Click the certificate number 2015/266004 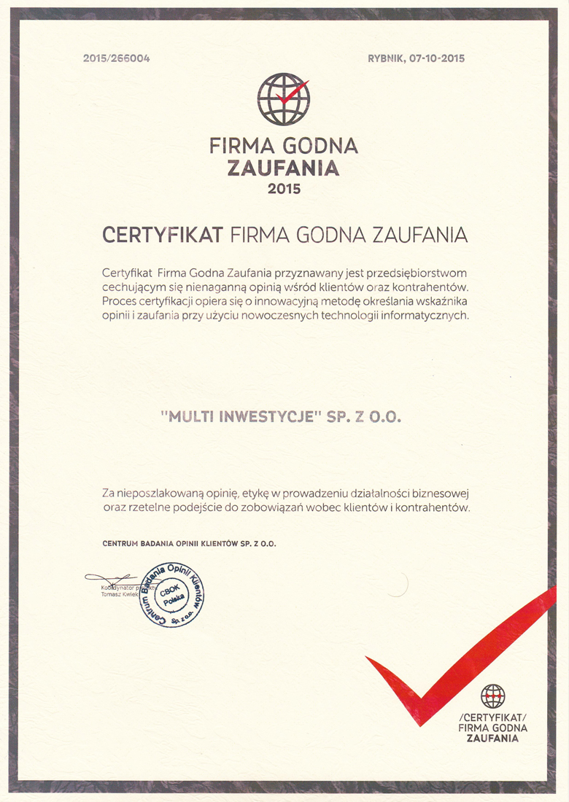[117, 58]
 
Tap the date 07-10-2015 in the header [437, 58]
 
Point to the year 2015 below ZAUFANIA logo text [284, 189]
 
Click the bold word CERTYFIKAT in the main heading [163, 235]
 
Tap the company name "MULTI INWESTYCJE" [239, 417]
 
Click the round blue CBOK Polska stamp [172, 595]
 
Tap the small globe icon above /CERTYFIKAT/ [493, 696]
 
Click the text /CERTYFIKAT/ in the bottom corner [492, 717]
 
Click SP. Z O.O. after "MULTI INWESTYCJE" [365, 417]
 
